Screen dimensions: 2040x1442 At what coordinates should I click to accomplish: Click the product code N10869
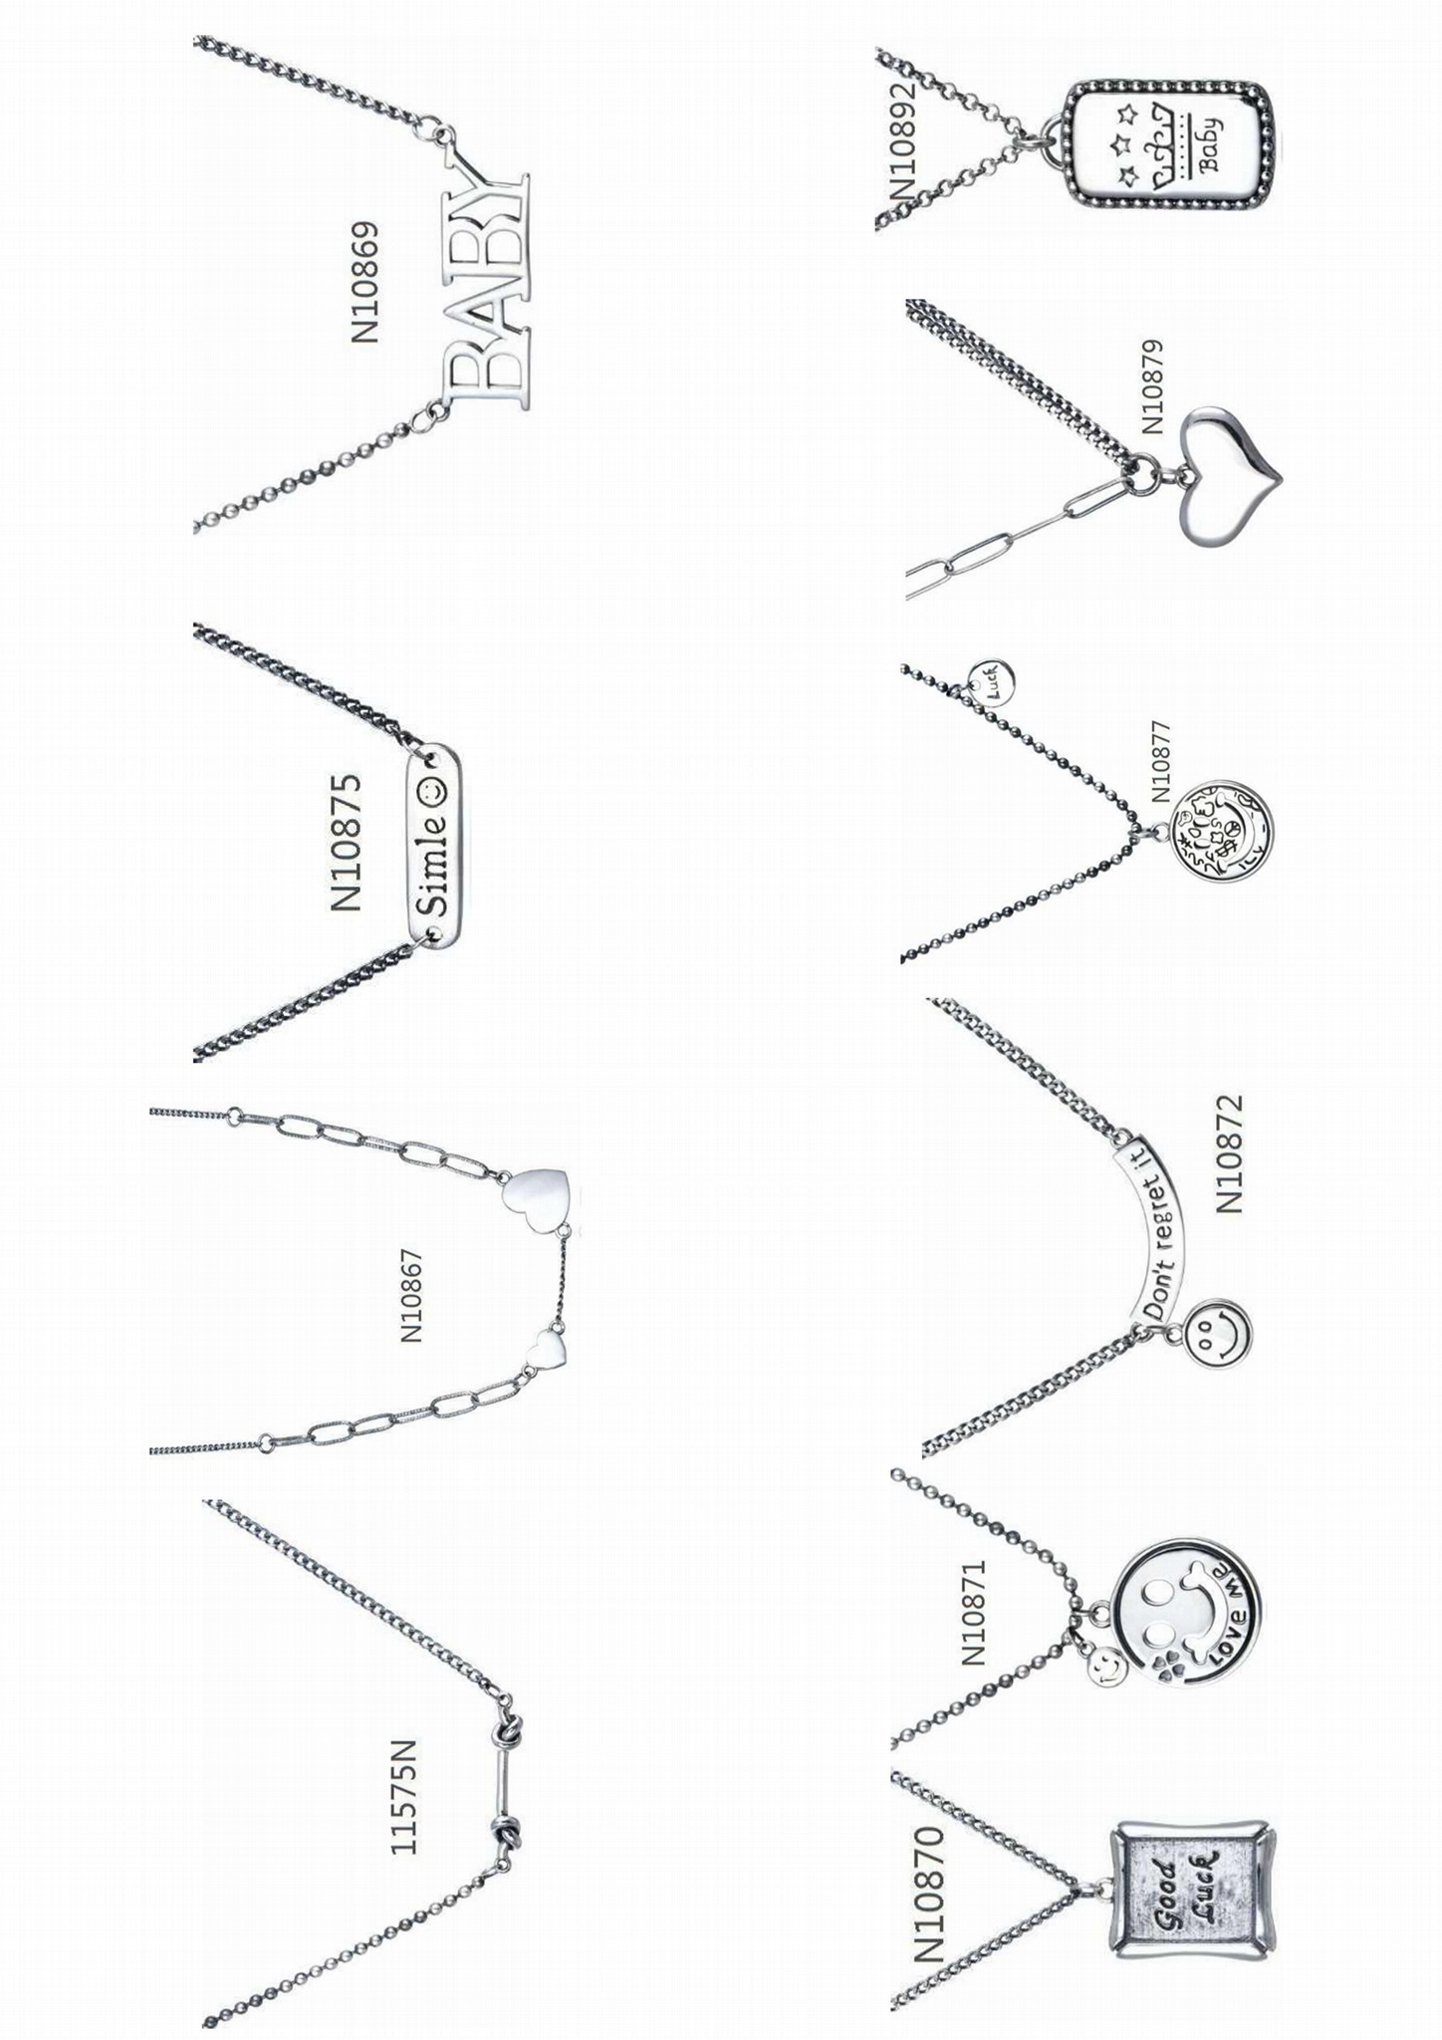pos(364,282)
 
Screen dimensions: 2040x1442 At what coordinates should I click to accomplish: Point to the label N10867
pos(411,1295)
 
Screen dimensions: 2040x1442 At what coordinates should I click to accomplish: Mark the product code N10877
pos(1161,761)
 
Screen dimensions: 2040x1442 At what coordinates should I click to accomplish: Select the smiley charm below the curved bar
pos(1219,1333)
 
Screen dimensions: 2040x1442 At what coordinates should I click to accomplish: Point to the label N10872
pos(1230,1152)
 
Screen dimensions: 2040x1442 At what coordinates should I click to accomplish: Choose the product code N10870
pos(929,1894)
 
